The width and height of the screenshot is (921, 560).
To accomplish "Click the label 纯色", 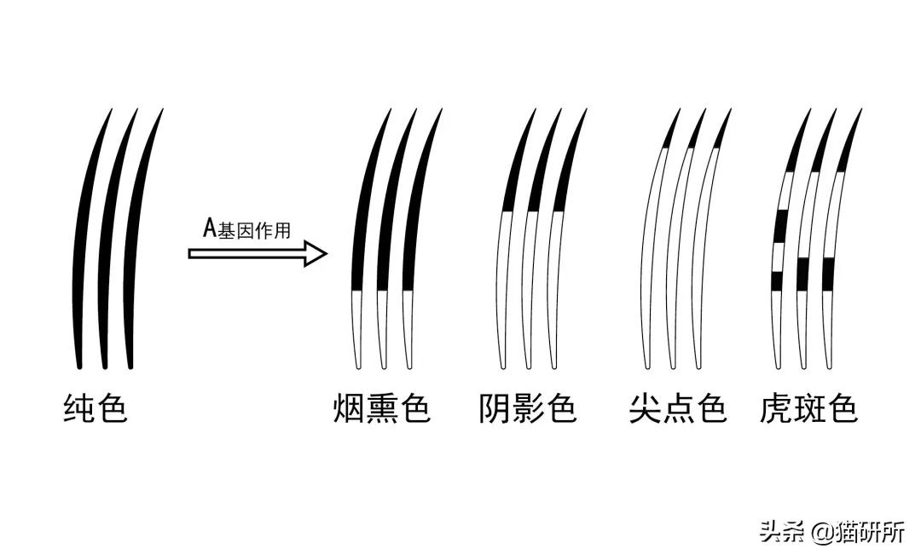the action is click(x=96, y=408).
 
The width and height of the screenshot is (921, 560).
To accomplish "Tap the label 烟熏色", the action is click(x=382, y=408).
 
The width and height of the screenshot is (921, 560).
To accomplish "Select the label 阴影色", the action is click(x=528, y=408).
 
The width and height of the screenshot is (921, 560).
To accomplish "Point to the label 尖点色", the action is click(x=678, y=408).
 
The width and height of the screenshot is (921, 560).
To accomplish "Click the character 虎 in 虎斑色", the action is click(x=777, y=408).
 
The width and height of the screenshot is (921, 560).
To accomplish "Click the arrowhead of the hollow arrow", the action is click(x=316, y=254).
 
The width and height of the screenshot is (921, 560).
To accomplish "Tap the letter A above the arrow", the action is click(x=210, y=228).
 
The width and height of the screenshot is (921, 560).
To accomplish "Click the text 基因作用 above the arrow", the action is click(x=254, y=230).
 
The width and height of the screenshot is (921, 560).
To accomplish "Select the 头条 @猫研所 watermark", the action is click(x=832, y=532).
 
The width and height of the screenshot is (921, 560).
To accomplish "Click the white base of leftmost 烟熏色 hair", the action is click(x=356, y=329).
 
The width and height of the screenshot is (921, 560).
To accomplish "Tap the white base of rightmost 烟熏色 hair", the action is click(x=408, y=329).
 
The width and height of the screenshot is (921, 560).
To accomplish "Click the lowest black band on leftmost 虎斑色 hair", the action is click(x=777, y=281).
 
